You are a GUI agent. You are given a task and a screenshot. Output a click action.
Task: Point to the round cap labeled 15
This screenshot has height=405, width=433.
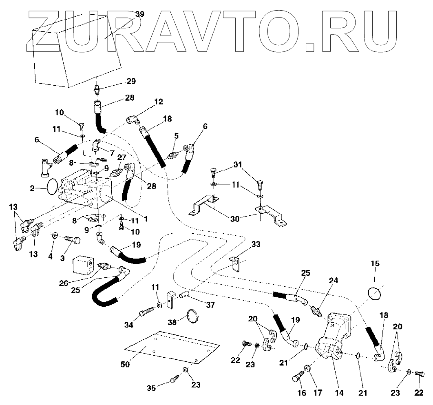point(375,293)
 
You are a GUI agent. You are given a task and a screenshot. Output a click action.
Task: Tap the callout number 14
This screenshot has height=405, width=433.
point(340,393)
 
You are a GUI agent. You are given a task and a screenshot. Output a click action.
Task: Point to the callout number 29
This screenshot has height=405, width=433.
point(130,81)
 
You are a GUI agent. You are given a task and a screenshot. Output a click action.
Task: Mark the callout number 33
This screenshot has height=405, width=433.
point(255,245)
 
